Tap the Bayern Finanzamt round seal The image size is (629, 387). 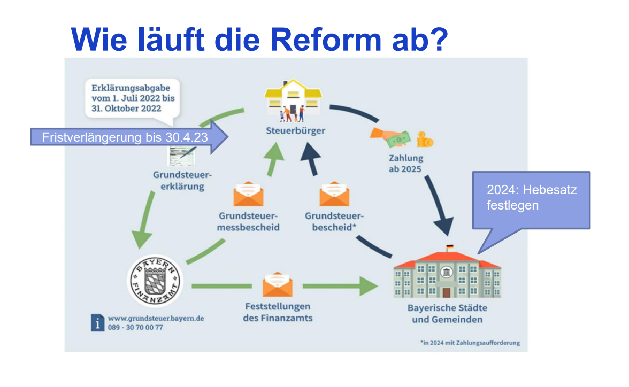coord(155,280)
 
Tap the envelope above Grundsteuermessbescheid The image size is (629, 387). coord(249,194)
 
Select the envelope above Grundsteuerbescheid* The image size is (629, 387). coord(334,194)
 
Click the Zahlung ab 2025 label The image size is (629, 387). coord(406,163)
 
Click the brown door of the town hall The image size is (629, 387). coord(446,292)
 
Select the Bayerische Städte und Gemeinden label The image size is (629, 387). coord(447,314)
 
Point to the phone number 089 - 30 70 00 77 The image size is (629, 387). coord(135,327)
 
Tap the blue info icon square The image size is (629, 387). coord(97,322)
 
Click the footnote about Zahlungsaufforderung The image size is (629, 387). coord(470,343)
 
